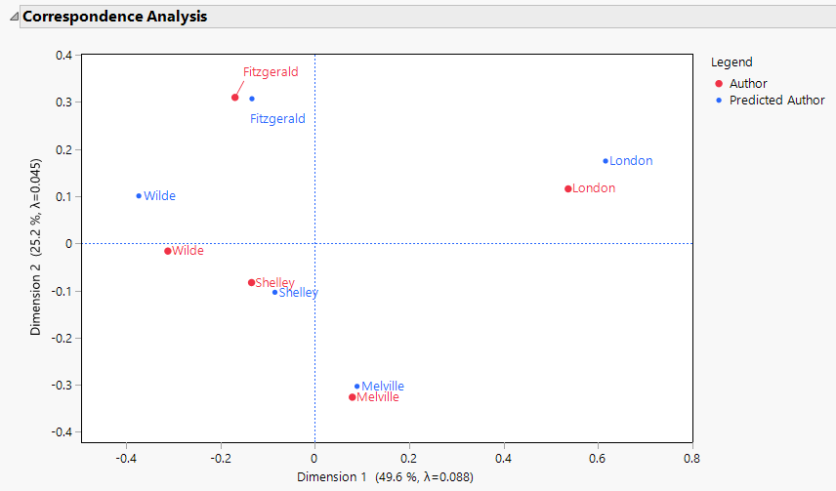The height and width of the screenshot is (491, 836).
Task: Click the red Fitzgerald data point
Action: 234,98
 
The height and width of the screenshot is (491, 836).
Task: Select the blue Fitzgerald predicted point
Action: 252,99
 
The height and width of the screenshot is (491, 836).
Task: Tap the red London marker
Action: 567,188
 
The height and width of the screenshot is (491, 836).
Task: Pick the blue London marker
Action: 606,161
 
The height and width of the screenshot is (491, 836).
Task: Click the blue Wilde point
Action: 139,196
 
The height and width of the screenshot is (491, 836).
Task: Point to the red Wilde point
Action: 168,251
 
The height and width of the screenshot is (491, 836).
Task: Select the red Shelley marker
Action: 251,283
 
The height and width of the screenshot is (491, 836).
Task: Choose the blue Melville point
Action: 357,387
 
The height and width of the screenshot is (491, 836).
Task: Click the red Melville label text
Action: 378,398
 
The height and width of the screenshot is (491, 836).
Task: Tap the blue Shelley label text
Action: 298,293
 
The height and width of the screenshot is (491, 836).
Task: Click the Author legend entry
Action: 748,84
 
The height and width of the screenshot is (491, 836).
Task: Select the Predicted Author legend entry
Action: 776,100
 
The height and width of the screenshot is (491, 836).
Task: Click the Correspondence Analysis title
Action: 114,17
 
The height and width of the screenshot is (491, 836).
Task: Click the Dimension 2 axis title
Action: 36,244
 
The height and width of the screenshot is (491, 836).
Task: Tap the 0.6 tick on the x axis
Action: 598,457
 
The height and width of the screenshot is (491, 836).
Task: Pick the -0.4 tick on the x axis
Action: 126,457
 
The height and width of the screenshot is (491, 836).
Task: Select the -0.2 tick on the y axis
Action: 61,338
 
